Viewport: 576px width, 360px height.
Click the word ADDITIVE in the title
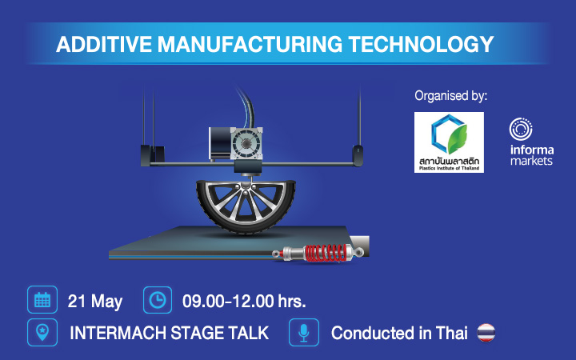(104, 44)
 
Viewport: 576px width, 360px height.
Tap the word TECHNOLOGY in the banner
(421, 44)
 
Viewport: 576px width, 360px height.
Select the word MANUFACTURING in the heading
(250, 44)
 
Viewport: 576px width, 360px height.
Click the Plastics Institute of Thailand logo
(449, 142)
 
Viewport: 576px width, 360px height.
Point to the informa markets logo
(531, 142)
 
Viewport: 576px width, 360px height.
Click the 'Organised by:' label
(450, 96)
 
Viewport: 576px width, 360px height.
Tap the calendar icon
(42, 299)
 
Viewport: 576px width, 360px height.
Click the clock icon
(158, 300)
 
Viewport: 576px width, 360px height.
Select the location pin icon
(42, 333)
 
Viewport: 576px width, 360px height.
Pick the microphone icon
(304, 333)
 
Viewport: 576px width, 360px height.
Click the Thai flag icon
(486, 333)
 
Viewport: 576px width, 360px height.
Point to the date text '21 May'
(94, 302)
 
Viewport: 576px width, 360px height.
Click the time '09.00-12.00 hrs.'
(244, 302)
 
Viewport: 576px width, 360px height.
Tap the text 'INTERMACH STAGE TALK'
(170, 333)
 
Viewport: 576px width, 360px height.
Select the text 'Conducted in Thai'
(399, 333)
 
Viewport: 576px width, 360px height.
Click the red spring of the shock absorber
(326, 253)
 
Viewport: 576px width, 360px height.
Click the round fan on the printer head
(246, 143)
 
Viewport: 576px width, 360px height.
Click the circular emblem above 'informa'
(521, 129)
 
